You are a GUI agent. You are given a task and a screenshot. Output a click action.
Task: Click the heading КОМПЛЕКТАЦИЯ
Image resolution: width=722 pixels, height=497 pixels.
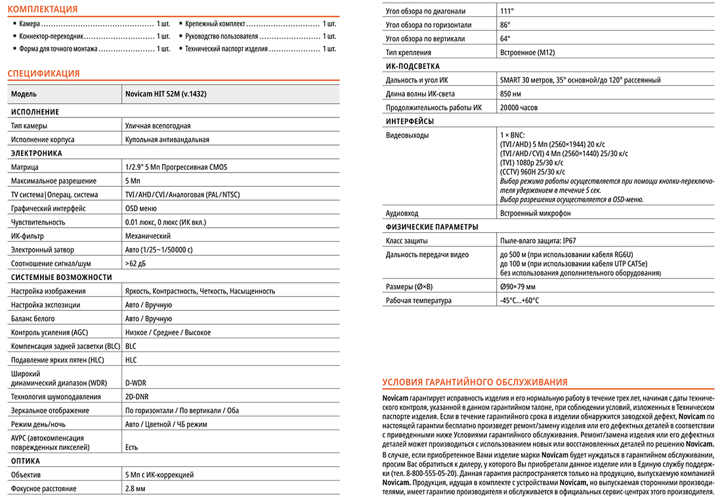pos(42,9)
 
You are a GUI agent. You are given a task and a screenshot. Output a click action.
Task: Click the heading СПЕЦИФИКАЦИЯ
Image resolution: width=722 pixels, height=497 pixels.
pos(43,73)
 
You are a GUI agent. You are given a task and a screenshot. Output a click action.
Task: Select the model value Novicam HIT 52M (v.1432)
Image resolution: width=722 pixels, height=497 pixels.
pos(165,94)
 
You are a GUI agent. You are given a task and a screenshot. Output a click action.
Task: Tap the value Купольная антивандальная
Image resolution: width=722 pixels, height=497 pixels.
pos(167,140)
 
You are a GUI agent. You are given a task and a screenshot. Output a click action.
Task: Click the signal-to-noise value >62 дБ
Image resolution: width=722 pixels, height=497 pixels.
pos(136,264)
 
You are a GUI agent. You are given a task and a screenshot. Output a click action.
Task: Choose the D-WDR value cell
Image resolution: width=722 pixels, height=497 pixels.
pos(137,382)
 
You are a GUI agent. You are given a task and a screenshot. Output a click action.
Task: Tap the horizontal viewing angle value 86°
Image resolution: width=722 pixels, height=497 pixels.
pos(505,25)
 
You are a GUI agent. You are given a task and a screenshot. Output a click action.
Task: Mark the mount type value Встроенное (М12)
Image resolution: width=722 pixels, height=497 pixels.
pos(527,52)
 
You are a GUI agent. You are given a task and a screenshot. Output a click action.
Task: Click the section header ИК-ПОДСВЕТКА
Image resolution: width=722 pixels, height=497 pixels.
pos(413,66)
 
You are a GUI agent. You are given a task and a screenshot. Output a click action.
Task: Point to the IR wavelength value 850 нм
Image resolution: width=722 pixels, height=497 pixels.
pos(511,94)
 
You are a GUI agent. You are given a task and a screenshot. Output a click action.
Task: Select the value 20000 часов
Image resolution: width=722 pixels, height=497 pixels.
pos(519,108)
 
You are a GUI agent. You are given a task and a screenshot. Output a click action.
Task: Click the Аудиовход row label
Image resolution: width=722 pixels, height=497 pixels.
pos(402,213)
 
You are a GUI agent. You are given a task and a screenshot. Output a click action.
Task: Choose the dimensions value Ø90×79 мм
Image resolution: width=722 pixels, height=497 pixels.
pos(518,287)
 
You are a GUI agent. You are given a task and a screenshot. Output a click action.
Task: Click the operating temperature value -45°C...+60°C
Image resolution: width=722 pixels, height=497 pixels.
pos(519,300)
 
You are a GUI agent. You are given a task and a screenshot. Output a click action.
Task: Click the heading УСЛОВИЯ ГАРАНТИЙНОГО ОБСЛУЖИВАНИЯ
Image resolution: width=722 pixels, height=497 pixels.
pos(475,382)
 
